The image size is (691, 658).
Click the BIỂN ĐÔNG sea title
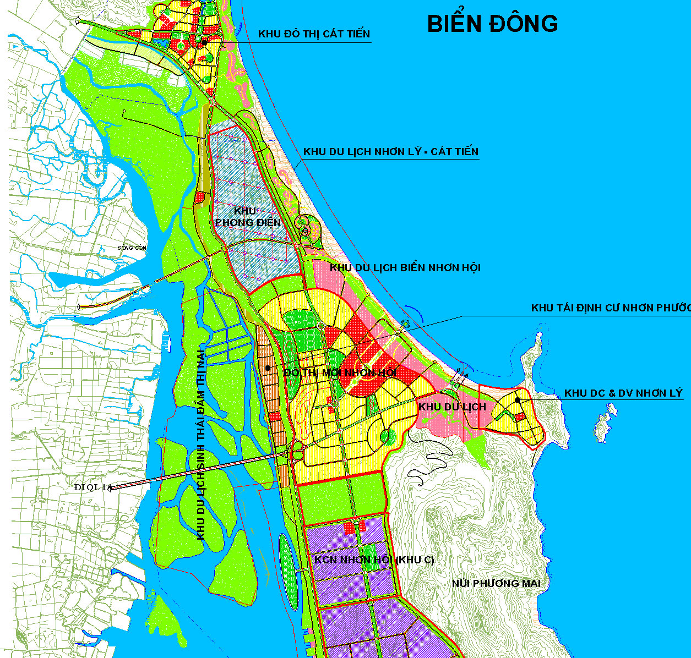pos(492,24)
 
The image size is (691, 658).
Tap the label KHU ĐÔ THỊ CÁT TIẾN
pos(314,34)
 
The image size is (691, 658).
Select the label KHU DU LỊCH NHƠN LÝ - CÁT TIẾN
pos(391,152)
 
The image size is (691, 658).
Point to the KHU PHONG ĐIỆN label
pos(247,217)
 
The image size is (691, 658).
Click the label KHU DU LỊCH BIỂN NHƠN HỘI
pos(405,268)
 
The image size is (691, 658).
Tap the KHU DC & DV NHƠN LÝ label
pos(623,393)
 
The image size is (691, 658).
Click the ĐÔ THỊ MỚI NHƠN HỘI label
pos(340,373)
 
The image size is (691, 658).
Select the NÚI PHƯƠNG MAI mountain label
pos(496,583)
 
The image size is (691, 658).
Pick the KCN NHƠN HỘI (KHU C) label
pos(374,560)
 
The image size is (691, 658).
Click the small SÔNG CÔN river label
pos(132,248)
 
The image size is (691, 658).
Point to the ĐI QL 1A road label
pos(93,487)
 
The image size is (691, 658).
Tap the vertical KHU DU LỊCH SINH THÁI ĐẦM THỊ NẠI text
pos(201,445)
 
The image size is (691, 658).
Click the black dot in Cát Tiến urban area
pos(204,42)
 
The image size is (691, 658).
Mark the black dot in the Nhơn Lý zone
pos(518,400)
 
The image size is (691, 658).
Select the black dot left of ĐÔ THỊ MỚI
pos(268,368)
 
